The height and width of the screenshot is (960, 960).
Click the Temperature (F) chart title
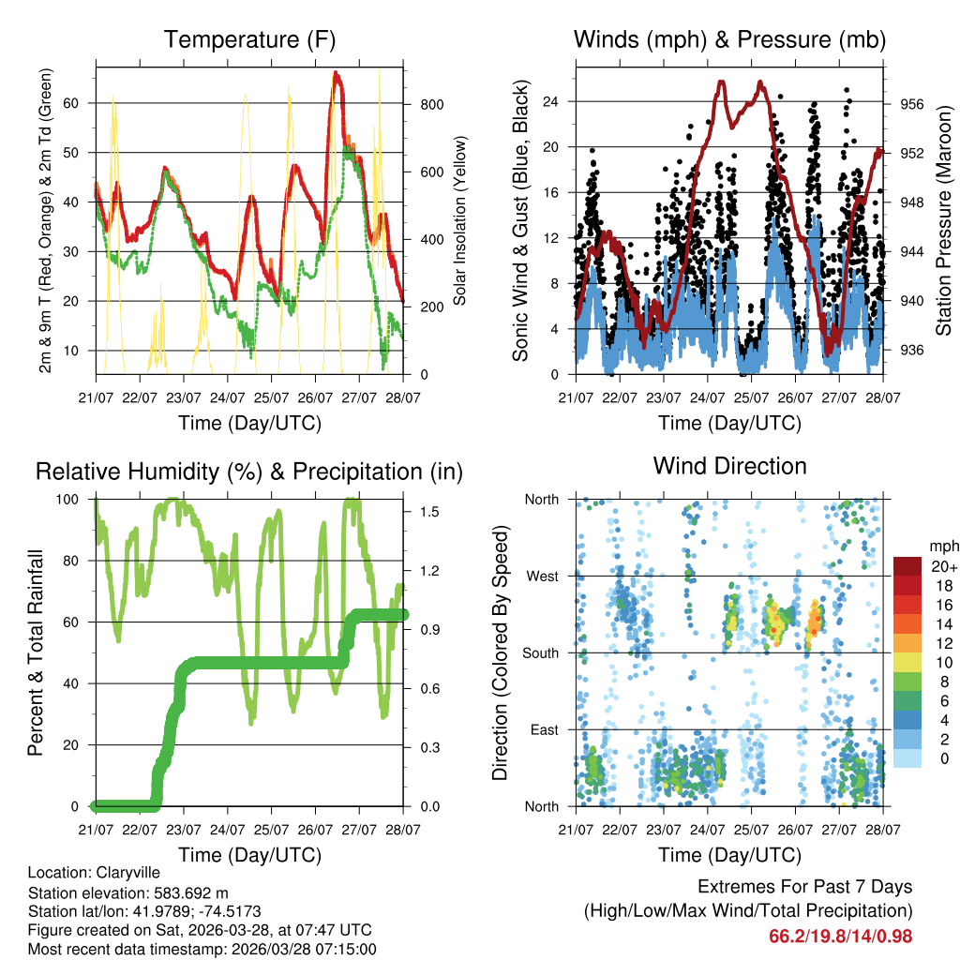point(249,39)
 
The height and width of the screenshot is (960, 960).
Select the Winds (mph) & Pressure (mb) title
point(730,39)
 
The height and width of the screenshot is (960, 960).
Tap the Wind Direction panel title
point(729,466)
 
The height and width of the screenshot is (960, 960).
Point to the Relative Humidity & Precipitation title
point(249,472)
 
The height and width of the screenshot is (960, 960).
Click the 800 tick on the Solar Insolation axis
point(430,104)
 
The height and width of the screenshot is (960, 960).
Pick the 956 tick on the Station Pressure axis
point(912,104)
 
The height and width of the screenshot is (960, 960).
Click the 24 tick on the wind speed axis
point(549,101)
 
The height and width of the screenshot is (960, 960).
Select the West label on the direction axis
point(541,576)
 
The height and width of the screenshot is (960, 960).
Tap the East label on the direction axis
point(543,729)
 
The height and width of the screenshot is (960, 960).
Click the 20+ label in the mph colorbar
point(943,567)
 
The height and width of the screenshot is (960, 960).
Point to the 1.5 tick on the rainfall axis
point(429,512)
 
